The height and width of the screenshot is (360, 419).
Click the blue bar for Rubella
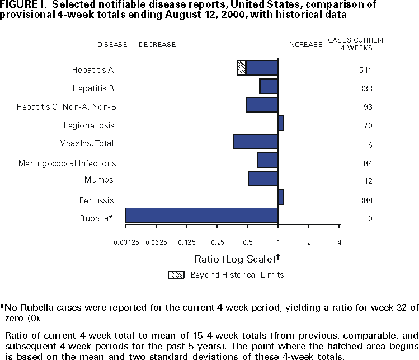(201, 216)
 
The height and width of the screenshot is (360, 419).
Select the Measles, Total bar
(256, 142)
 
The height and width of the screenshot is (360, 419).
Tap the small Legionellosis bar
(281, 123)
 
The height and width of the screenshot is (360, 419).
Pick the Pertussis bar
(280, 197)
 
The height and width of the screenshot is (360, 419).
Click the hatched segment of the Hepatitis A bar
(242, 68)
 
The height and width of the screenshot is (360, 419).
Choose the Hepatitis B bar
(269, 86)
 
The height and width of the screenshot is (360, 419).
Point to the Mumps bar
(263, 179)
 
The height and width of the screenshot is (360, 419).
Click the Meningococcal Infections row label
(67, 163)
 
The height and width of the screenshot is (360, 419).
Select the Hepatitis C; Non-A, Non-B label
(67, 107)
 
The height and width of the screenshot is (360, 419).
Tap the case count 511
(366, 71)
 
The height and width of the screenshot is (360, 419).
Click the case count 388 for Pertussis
(366, 200)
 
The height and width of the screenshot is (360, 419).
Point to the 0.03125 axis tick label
(125, 242)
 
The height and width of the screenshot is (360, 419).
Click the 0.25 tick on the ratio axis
(217, 242)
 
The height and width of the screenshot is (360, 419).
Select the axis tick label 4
(339, 242)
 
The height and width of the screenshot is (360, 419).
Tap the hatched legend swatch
(176, 275)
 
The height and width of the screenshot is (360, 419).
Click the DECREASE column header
(157, 45)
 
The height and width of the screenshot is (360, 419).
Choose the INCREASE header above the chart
(304, 45)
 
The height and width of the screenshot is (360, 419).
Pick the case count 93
(368, 107)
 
